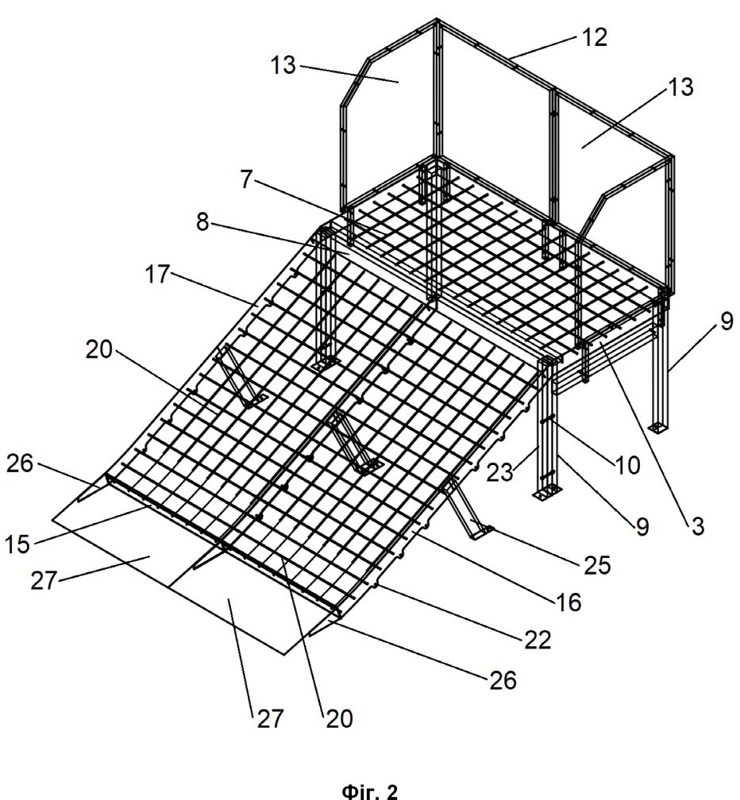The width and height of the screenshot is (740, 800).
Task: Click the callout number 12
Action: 595,37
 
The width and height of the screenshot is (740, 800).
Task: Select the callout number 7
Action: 246,179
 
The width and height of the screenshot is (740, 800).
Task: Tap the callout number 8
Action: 202,222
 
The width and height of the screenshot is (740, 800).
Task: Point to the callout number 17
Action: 156,275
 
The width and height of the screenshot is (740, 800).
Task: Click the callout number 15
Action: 17,544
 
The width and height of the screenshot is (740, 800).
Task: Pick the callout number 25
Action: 597,565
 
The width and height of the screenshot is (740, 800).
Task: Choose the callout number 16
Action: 568,602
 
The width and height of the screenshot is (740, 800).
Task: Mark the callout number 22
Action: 538,640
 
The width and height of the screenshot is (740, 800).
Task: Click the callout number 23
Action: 499,472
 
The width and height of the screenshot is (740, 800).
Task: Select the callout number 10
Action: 628,465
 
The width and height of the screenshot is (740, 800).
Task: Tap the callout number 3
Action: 697,526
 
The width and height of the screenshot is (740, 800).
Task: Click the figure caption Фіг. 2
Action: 369,790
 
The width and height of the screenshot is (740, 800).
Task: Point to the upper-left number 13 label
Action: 283,65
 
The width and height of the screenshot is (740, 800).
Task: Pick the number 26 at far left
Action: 19,463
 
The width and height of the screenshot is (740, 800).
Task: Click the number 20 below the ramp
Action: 339,718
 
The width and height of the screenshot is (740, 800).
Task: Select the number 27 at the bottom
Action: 269,718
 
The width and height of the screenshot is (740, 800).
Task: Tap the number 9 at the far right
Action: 727,321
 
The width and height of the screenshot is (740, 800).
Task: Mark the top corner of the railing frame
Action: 437,20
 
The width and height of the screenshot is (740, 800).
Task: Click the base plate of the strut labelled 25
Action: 480,532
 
